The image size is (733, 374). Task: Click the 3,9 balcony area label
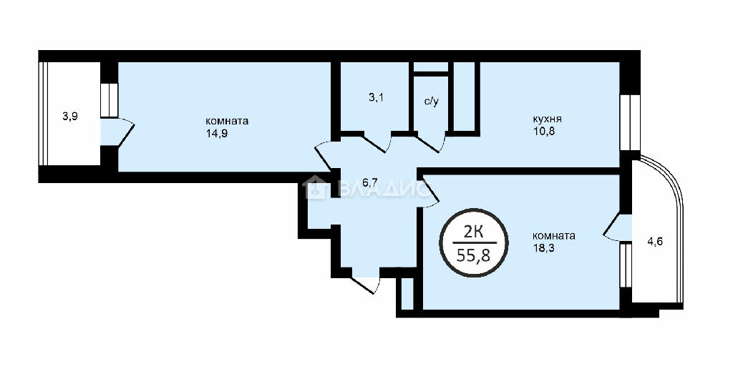[x=70, y=117]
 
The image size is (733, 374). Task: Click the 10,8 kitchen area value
[x=543, y=131]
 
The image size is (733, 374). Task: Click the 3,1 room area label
[x=377, y=99]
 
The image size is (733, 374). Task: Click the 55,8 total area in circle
[x=473, y=255]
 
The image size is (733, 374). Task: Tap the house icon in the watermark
[x=314, y=187]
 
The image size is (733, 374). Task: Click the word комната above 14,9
[x=227, y=121]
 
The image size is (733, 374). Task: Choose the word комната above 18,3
[x=554, y=236]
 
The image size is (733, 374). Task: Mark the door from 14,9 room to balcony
[x=118, y=132]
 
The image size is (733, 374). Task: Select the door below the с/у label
[x=430, y=142]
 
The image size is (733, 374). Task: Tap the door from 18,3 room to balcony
[x=618, y=228]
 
